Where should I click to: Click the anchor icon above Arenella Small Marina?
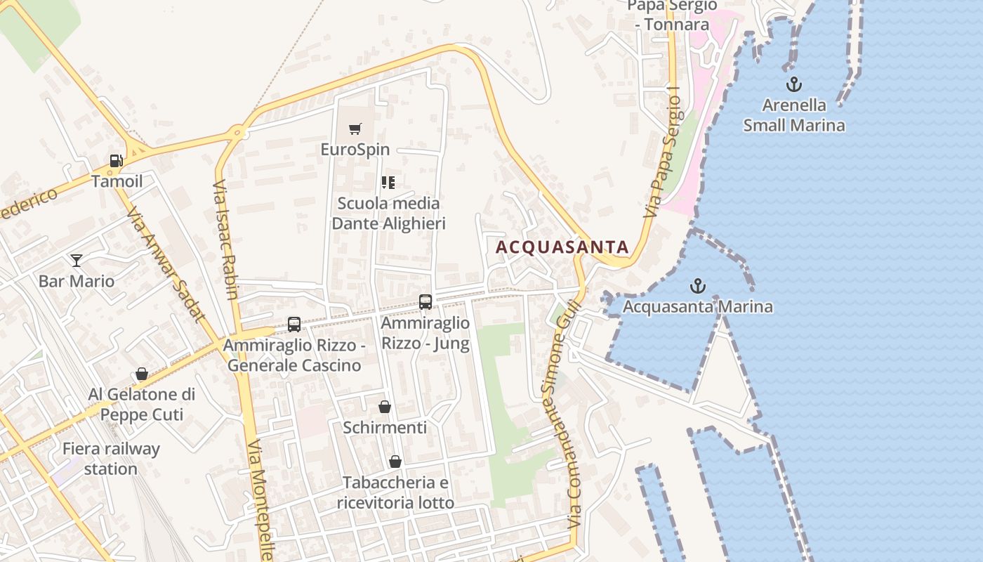pos(793,85)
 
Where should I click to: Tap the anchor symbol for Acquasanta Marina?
pos(697,286)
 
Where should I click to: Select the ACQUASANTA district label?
pos(562,247)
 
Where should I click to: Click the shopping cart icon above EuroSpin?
pos(355,129)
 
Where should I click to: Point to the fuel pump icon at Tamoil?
pos(116,161)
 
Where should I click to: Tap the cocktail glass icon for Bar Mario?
pos(77,261)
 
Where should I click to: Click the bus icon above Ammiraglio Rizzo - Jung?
pos(425,302)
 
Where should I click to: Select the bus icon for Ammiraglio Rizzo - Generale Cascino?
pos(294,325)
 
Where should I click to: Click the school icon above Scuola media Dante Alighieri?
pos(388,183)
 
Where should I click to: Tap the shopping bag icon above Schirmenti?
pos(385,407)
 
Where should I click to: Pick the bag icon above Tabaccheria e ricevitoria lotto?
pos(395,462)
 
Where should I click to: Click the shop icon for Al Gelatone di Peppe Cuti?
pos(142,374)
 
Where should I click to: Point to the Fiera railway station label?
pos(111,459)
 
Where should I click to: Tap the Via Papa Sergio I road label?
pos(664,152)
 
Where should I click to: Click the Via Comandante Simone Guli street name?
pos(564,414)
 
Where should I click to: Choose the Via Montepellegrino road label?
pos(260,499)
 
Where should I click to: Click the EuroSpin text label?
pos(355,150)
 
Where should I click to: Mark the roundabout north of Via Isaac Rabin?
pos(237,131)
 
